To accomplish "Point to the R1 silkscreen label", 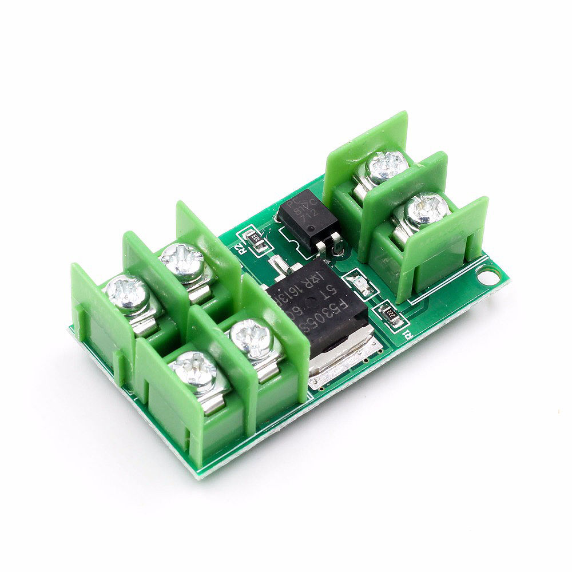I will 407,333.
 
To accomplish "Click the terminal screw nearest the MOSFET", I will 249,339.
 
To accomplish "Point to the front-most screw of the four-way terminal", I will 194,370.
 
